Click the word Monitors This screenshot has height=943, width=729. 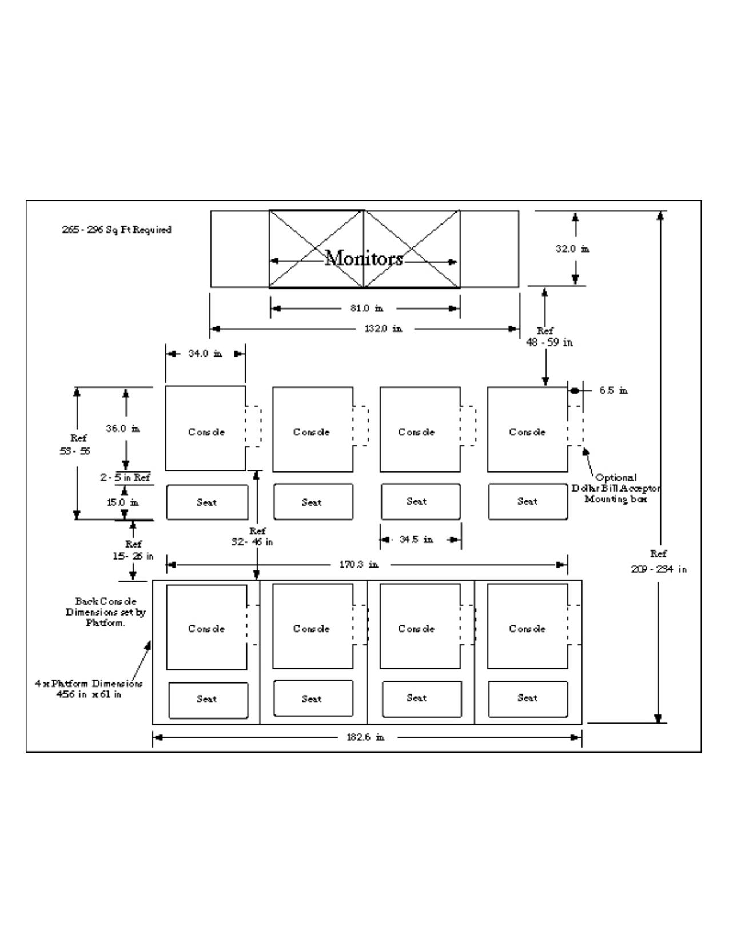(364, 259)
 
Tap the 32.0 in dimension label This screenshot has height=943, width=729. (572, 249)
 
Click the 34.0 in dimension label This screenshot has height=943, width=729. (205, 354)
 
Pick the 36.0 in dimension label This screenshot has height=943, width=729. (123, 429)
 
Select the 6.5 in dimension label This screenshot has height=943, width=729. (613, 391)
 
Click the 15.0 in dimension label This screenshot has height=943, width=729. (122, 503)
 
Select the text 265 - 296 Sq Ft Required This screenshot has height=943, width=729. (117, 230)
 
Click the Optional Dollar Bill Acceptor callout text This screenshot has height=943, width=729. (616, 488)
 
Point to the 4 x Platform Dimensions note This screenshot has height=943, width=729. (89, 689)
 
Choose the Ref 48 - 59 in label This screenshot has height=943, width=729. (549, 337)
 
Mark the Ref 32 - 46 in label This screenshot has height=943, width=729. (252, 537)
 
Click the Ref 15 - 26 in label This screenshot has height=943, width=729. (133, 550)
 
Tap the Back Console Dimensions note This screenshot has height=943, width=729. (106, 612)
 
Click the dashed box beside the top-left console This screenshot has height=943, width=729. (254, 426)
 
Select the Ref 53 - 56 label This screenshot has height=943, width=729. (75, 445)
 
